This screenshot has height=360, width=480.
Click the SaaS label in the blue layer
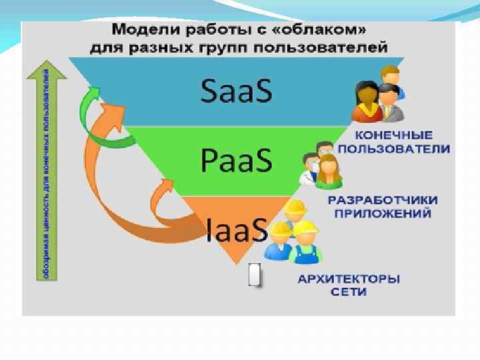click(237, 92)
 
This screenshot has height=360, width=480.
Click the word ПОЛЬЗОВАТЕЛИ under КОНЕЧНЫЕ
click(394, 148)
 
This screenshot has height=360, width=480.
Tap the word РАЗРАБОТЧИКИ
click(383, 200)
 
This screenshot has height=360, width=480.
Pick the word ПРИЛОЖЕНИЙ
click(383, 213)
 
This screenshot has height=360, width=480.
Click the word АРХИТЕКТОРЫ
click(349, 279)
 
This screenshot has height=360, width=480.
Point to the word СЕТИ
click(349, 292)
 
